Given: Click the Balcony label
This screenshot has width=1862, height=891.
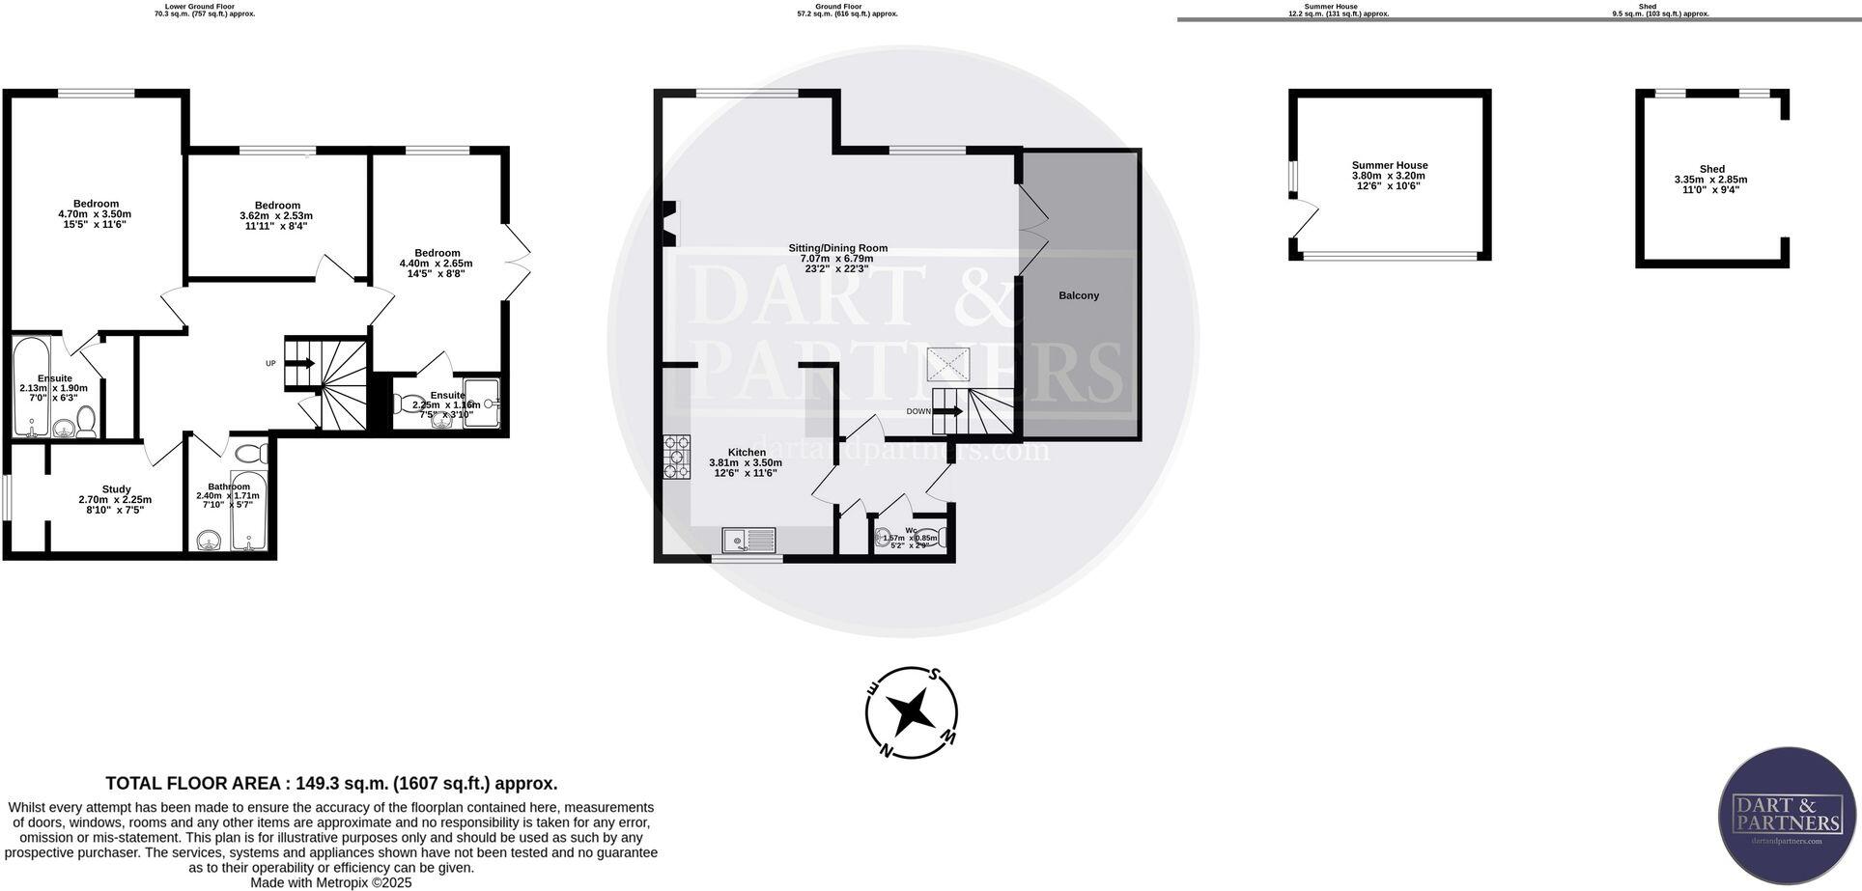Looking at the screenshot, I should coord(1078,295).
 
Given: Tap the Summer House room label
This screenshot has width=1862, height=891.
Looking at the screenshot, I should coord(1389,165).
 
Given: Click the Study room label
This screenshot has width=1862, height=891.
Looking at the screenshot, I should coord(116,489).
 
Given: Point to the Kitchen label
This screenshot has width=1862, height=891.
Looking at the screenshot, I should coord(747,452).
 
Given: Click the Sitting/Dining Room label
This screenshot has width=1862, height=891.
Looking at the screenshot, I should coord(837,248).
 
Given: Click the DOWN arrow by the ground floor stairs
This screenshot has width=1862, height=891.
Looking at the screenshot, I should coord(948,411).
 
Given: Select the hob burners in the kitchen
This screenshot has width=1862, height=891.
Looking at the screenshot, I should coord(677,458).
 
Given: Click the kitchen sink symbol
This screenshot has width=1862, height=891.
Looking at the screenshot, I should coord(748,541).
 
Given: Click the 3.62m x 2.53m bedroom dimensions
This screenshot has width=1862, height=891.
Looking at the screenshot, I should coord(276,216).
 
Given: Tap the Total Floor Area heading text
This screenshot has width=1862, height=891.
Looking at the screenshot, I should coord(331,784).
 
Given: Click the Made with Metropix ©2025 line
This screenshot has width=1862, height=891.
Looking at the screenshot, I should coord(331,882).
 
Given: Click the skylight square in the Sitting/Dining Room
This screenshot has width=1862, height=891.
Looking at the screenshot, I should coord(947,365).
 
